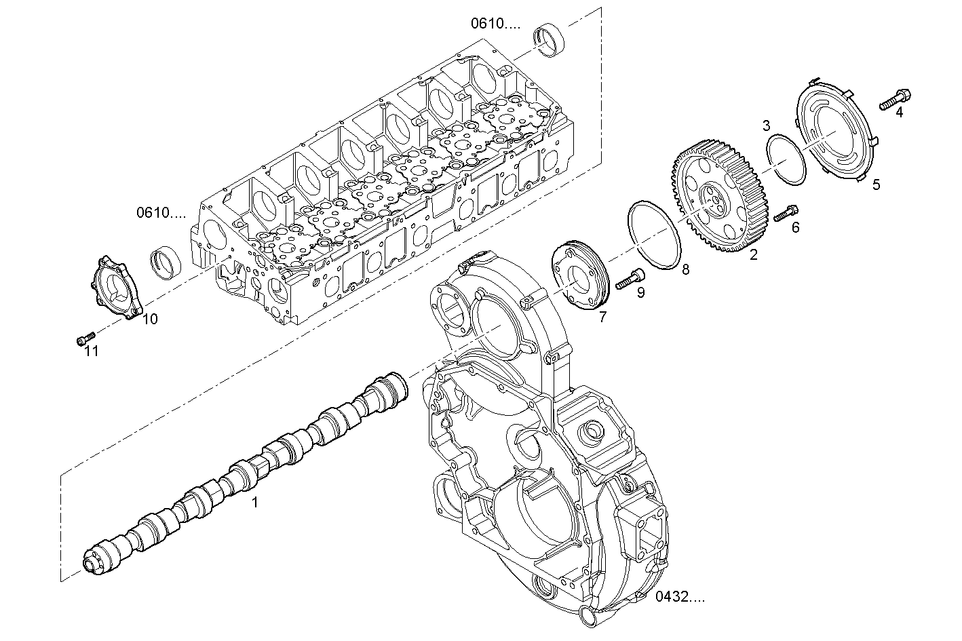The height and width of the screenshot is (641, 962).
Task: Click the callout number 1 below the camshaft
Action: pos(254,502)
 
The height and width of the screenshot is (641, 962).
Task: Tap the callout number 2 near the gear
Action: pos(753,254)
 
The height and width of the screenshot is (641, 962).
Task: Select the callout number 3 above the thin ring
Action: pos(766,125)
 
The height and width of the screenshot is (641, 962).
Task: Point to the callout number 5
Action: pos(876,185)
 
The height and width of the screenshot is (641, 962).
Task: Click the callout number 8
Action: pos(685,269)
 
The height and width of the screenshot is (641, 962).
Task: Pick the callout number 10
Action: pos(150,319)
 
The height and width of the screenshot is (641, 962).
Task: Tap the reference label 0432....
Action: pos(680,597)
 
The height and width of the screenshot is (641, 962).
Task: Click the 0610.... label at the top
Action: pos(496,23)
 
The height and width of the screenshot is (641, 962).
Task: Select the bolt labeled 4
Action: pos(895,99)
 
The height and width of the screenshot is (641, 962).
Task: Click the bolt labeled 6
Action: pos(786,213)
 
